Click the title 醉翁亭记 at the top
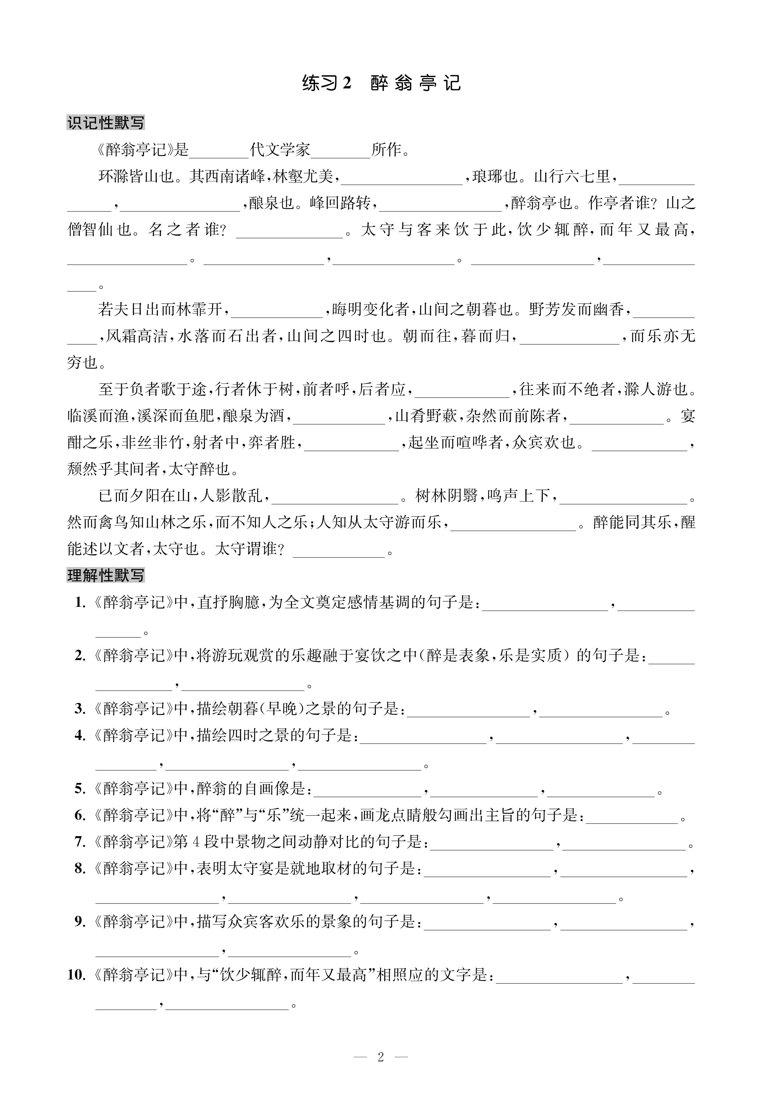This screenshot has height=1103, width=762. [x=415, y=84]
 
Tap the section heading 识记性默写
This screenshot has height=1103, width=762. [x=106, y=123]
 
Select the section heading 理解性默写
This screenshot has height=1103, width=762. [x=106, y=575]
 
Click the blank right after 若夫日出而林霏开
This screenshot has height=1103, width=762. [x=277, y=310]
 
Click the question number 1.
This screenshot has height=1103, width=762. [x=80, y=603]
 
